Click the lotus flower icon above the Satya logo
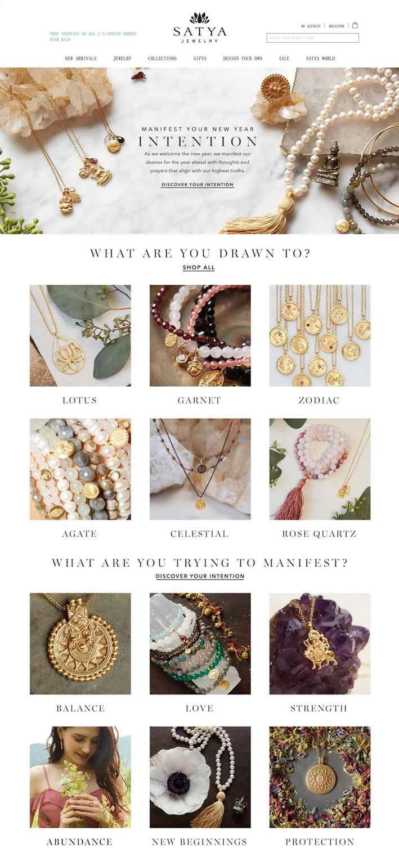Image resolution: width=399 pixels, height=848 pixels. (x=199, y=18)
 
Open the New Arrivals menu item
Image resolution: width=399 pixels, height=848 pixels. (x=80, y=59)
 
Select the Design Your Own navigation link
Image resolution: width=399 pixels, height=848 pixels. (x=243, y=59)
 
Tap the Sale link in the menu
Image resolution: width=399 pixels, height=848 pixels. (x=284, y=59)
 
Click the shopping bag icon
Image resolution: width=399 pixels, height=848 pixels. (x=355, y=25)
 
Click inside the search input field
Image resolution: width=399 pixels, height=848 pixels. (x=312, y=38)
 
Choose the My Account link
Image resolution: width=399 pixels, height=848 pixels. (x=311, y=26)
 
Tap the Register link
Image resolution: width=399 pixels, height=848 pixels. (x=337, y=26)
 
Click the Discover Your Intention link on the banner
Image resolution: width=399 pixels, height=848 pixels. (x=198, y=185)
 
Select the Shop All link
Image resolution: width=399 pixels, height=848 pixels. (x=199, y=267)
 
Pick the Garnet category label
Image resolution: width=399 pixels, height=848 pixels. (x=199, y=401)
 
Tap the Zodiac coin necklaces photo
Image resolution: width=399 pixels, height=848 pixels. (x=320, y=336)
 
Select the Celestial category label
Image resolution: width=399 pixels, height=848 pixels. (x=199, y=534)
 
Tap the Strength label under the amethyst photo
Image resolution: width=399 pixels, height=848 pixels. (x=319, y=708)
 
